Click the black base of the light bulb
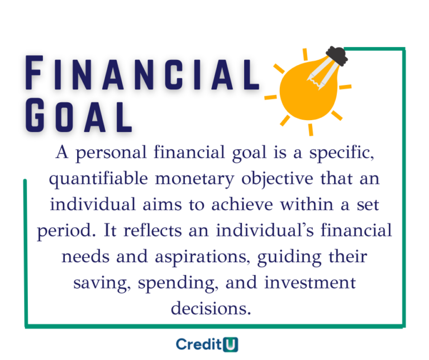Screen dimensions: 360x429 coord(337,55)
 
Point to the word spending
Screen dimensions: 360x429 coord(176,282)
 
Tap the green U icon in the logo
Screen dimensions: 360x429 coord(231,344)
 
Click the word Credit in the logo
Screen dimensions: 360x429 coord(199,344)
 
